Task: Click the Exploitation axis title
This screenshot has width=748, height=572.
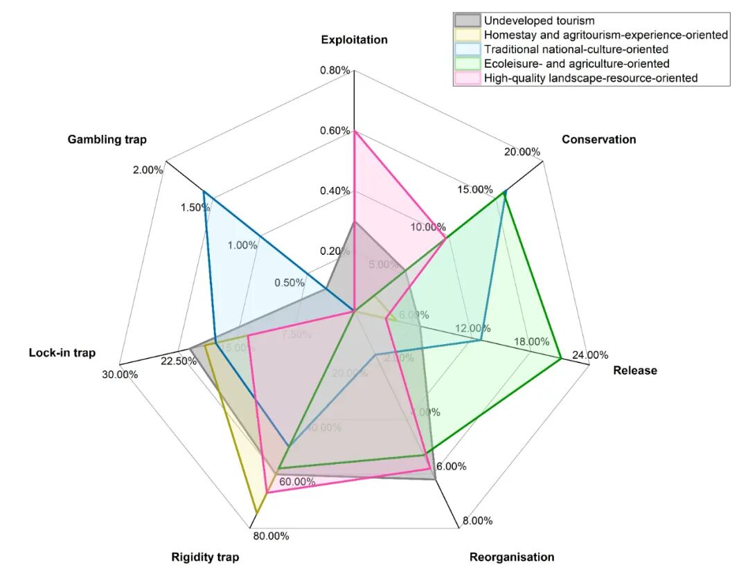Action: click(x=354, y=39)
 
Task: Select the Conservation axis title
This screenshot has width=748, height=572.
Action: click(x=598, y=139)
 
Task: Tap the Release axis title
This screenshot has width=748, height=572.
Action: click(x=635, y=370)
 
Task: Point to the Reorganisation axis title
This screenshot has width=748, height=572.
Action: click(x=512, y=557)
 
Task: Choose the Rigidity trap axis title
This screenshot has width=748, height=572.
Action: click(x=205, y=557)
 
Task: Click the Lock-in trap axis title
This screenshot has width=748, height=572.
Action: click(x=62, y=353)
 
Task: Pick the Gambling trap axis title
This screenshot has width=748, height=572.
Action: click(x=107, y=139)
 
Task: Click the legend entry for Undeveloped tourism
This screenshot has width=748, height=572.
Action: click(x=540, y=21)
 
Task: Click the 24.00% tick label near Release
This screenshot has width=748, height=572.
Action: click(x=590, y=355)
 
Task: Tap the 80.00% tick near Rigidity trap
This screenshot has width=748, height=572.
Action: click(x=270, y=535)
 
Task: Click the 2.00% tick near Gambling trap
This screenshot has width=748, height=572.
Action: click(x=148, y=170)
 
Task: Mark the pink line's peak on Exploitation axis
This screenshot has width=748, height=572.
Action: click(x=354, y=131)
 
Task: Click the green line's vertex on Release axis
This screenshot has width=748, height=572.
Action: click(x=560, y=358)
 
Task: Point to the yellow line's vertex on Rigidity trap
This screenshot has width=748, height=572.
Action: click(x=256, y=513)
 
